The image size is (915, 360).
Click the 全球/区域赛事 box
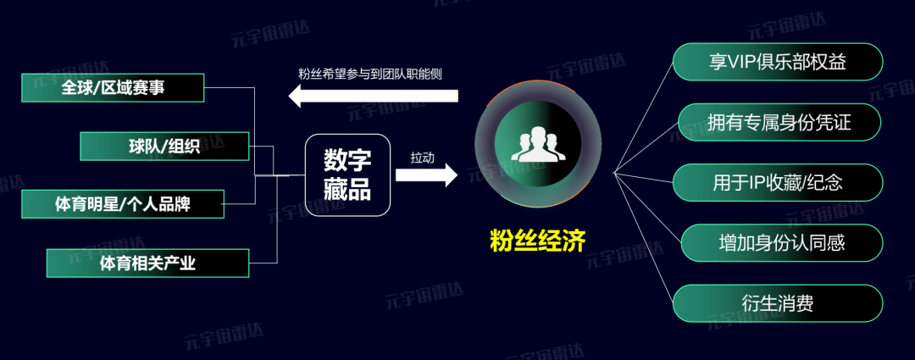113,87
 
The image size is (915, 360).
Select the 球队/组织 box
164,146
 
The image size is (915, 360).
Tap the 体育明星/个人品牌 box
123,204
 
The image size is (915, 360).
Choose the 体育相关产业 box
147,263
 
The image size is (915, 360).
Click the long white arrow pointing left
373,97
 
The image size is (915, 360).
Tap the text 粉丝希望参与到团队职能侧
370,74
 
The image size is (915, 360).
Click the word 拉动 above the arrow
422,158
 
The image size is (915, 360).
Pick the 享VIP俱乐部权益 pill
778,63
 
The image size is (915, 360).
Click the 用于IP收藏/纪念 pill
778,182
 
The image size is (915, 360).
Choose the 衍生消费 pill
778,302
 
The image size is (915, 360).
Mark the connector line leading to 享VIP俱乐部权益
644,114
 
